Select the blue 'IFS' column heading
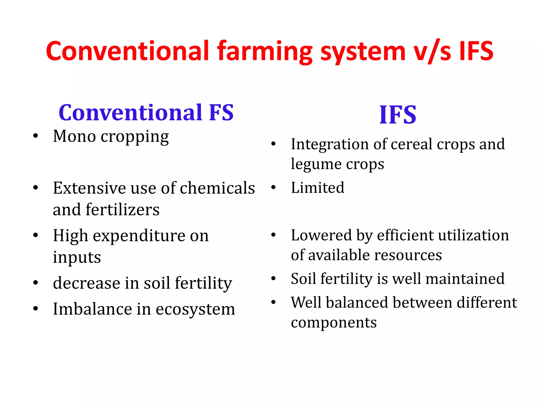pyautogui.click(x=398, y=115)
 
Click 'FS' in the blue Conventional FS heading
pyautogui.click(x=221, y=113)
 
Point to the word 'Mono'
pyautogui.click(x=74, y=136)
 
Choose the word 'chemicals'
pyautogui.click(x=217, y=188)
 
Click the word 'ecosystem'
pyautogui.click(x=195, y=309)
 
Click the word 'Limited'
pyautogui.click(x=317, y=187)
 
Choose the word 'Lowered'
pyautogui.click(x=321, y=235)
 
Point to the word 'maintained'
pyautogui.click(x=465, y=279)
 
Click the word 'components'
pyautogui.click(x=334, y=323)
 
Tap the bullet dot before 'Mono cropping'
pyautogui.click(x=36, y=136)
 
